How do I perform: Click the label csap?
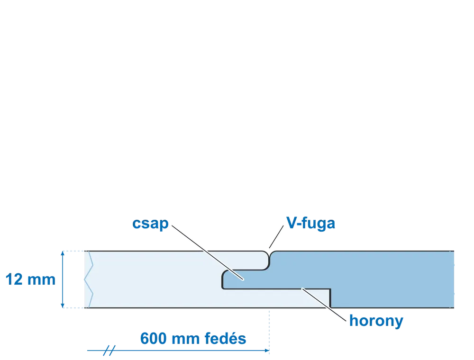(x=150, y=224)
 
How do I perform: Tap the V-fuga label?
(x=311, y=224)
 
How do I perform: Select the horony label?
(x=376, y=321)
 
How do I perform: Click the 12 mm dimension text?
(x=30, y=279)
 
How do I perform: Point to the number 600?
(x=153, y=338)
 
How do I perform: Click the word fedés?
(x=225, y=338)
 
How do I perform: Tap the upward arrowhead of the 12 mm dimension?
(x=63, y=253)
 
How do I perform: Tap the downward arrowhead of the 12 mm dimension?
(x=63, y=306)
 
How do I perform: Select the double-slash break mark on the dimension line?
(x=109, y=351)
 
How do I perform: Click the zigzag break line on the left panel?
(x=89, y=279)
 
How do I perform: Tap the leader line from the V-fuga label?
(x=276, y=236)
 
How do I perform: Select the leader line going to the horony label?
(x=324, y=305)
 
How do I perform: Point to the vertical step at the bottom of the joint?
(x=330, y=298)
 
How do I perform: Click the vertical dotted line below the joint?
(x=269, y=331)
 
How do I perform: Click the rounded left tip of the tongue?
(x=223, y=279)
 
